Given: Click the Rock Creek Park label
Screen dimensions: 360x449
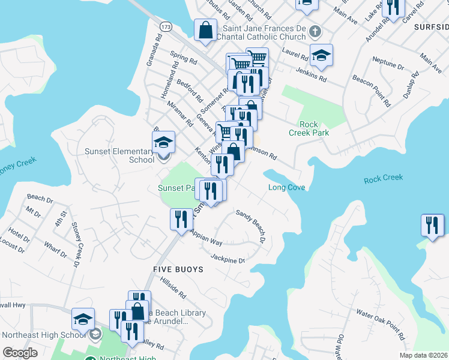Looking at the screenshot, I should [x=309, y=128].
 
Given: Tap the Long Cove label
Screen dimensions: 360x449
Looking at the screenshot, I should [x=287, y=188].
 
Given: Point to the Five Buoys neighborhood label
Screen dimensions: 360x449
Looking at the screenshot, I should [x=178, y=269].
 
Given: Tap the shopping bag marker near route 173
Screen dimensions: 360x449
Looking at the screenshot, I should [x=205, y=30].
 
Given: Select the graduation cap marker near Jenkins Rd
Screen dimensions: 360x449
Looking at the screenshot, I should [x=321, y=56].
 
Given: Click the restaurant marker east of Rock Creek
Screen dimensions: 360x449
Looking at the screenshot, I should [x=432, y=226].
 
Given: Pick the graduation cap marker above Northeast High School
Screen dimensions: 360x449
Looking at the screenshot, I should [x=83, y=320].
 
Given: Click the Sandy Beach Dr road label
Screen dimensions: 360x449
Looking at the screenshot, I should [x=251, y=226].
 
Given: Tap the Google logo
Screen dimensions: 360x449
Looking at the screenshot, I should [x=20, y=353].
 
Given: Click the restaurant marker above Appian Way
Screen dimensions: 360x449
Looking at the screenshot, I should [x=181, y=219].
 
